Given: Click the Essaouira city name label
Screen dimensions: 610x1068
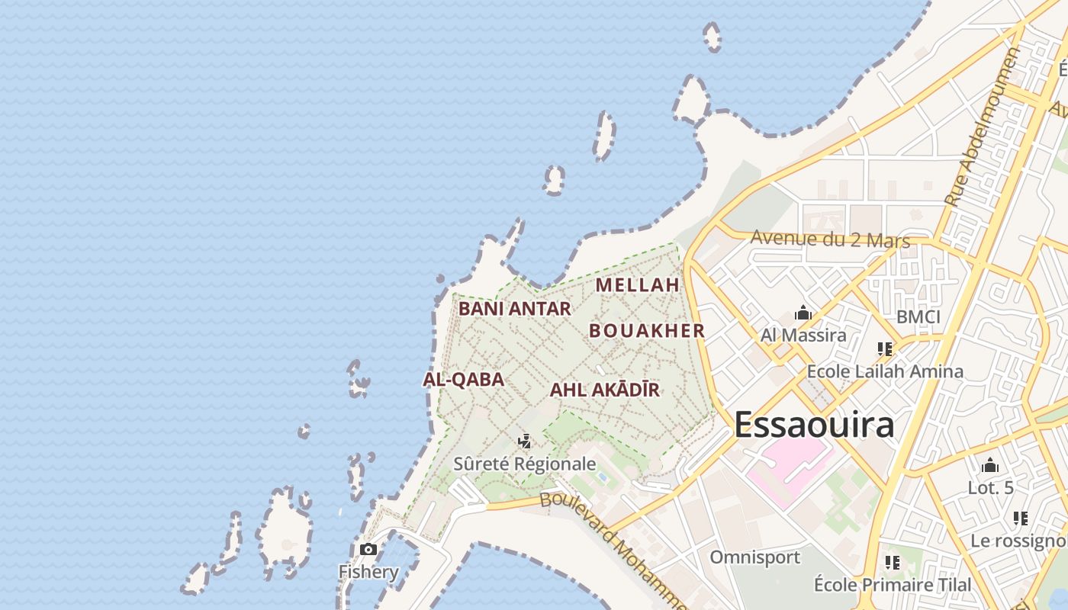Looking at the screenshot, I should pos(814,425).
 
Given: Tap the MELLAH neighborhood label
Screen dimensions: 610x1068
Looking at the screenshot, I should pos(637,285).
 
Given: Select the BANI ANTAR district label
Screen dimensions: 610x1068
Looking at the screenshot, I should pos(515,309).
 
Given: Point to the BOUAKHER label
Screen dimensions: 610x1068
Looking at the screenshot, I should pos(647,331).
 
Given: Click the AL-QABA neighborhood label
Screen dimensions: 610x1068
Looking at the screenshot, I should pos(463,380).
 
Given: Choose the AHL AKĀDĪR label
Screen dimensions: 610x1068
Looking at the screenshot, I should pos(605,390).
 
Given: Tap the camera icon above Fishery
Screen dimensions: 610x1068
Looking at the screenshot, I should pos(368,549).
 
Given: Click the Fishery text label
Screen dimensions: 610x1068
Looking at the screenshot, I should pos(368,572).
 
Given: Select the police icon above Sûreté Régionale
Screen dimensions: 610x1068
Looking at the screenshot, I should pos(524,441).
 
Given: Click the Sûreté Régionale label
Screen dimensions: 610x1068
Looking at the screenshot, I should pos(524,464).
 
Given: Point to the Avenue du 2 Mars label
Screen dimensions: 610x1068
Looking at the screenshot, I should pos(830,239).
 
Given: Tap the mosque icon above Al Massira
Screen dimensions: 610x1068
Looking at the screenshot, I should pos(803,313).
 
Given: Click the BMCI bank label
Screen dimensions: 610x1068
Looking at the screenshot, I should pos(918,317).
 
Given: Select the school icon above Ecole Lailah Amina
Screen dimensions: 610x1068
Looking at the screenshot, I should pos(885,349).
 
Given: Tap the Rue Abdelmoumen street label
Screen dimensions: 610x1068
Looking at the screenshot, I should pos(982,127).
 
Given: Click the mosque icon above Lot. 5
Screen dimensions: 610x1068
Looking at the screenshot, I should pos(990,465).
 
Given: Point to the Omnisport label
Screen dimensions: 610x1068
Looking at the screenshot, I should pos(755,557).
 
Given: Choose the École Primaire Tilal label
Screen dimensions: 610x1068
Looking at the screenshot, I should pos(893,585).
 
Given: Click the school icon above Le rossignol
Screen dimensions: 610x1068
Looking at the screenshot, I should pos(1021,518).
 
